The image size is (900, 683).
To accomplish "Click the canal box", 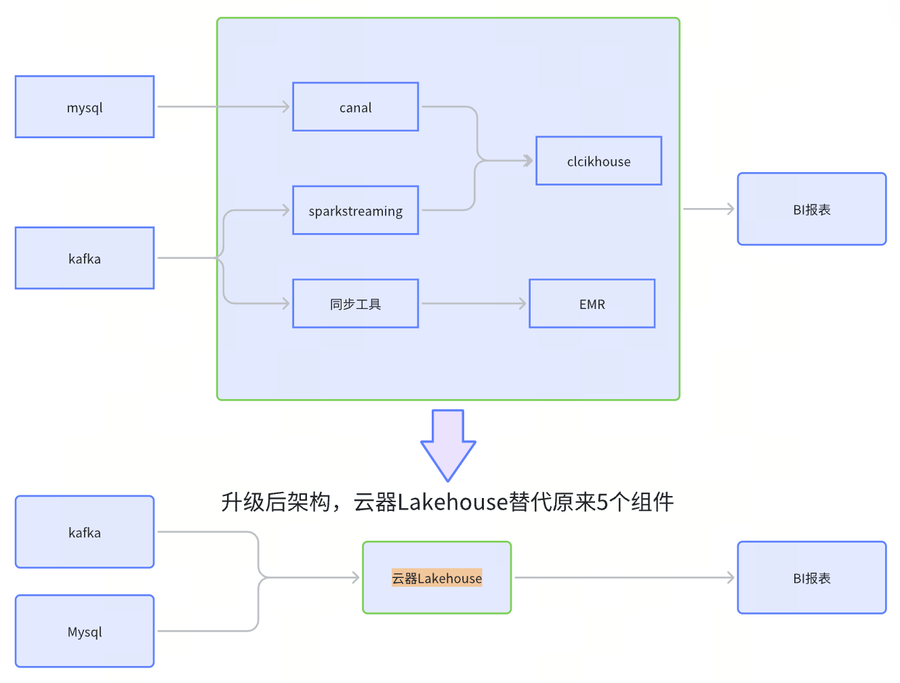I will coord(355,107).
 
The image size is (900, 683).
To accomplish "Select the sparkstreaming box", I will coord(355,211).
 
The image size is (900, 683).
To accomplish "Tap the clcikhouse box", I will coord(598,161).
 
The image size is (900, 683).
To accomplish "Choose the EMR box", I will coord(592,304).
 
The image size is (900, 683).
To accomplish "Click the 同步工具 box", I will coord(355,304).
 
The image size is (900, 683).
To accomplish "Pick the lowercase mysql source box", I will coord(85,107).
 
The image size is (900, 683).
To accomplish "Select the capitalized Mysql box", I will coord(85,632).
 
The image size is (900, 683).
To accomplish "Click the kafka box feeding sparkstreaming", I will coord(85,258).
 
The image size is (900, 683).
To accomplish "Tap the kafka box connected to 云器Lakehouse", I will coord(85,533).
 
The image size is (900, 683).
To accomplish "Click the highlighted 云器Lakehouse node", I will coord(436,578).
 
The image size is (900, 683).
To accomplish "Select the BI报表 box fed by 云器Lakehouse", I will coord(812,578).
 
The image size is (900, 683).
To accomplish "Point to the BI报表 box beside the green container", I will coord(812,209).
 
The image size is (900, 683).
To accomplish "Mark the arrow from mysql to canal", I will coord(224,107).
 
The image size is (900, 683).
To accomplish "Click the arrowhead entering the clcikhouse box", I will coord(529,161).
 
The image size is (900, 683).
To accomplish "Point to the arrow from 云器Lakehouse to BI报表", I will coord(623,578).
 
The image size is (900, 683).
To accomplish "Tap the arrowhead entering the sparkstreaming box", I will coord(285,211).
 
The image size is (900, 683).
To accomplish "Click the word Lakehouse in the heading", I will coord(453,502).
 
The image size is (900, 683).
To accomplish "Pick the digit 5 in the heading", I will coord(602,502).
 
